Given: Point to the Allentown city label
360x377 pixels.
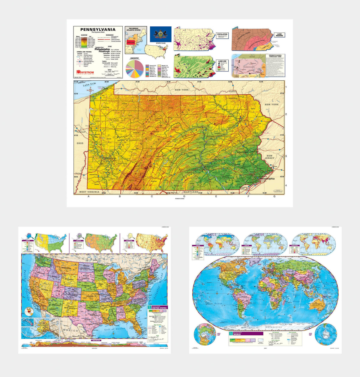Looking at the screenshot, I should point(242,152).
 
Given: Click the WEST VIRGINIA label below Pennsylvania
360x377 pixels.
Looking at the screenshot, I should point(89,192).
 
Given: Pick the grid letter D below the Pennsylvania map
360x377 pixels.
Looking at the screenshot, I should point(184,196).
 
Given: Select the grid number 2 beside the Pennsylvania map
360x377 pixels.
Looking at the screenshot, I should point(286,114).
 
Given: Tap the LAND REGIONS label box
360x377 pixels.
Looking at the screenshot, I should point(279,35).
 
